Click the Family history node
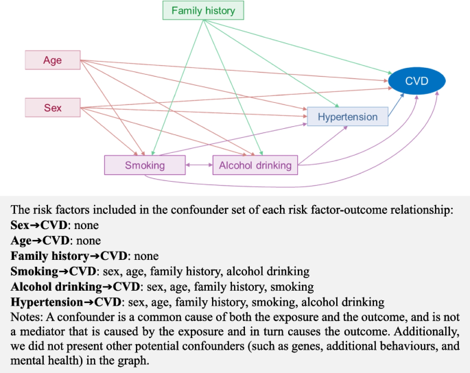202,11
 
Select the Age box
53,60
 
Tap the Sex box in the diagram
53,108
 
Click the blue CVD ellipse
416,82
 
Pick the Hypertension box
347,117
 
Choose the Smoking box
145,165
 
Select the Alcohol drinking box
255,165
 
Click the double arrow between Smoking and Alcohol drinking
199,165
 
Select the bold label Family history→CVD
69,256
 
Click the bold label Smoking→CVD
50,271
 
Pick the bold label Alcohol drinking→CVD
71,287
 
